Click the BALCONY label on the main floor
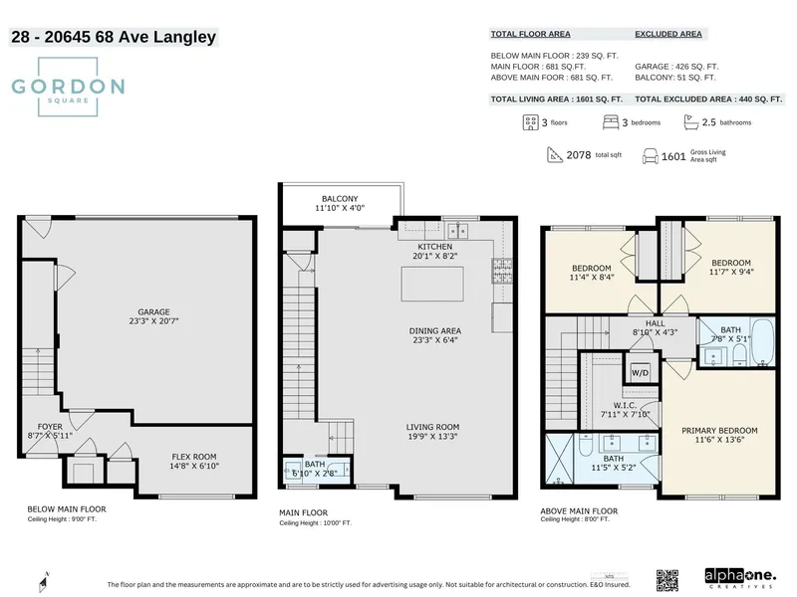(340, 198)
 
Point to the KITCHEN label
(434, 246)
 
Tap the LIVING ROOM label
(433, 427)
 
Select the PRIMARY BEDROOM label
(719, 431)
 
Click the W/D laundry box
(639, 373)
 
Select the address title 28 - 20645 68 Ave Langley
(113, 38)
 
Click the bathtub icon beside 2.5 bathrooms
(689, 122)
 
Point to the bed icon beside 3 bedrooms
(611, 122)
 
